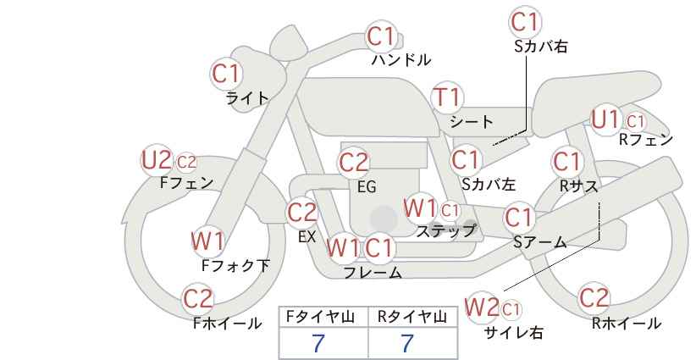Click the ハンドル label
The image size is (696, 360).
[401, 60]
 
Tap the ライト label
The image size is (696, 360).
[247, 97]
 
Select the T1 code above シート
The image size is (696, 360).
[446, 97]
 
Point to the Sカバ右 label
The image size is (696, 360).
[540, 47]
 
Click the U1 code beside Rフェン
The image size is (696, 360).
[606, 119]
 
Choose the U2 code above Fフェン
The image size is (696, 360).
[157, 159]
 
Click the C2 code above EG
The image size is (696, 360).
[353, 162]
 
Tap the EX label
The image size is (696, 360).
[307, 237]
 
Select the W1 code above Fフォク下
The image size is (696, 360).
[207, 241]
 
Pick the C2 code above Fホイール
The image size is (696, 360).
[199, 298]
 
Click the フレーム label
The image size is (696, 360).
[373, 273]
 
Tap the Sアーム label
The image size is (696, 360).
[539, 242]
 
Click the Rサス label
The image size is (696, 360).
[580, 184]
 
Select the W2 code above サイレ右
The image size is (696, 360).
[483, 305]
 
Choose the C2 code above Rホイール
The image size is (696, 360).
[594, 298]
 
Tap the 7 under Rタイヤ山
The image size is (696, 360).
[407, 343]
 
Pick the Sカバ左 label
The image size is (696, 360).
[489, 182]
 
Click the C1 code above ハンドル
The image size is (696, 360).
[381, 36]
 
